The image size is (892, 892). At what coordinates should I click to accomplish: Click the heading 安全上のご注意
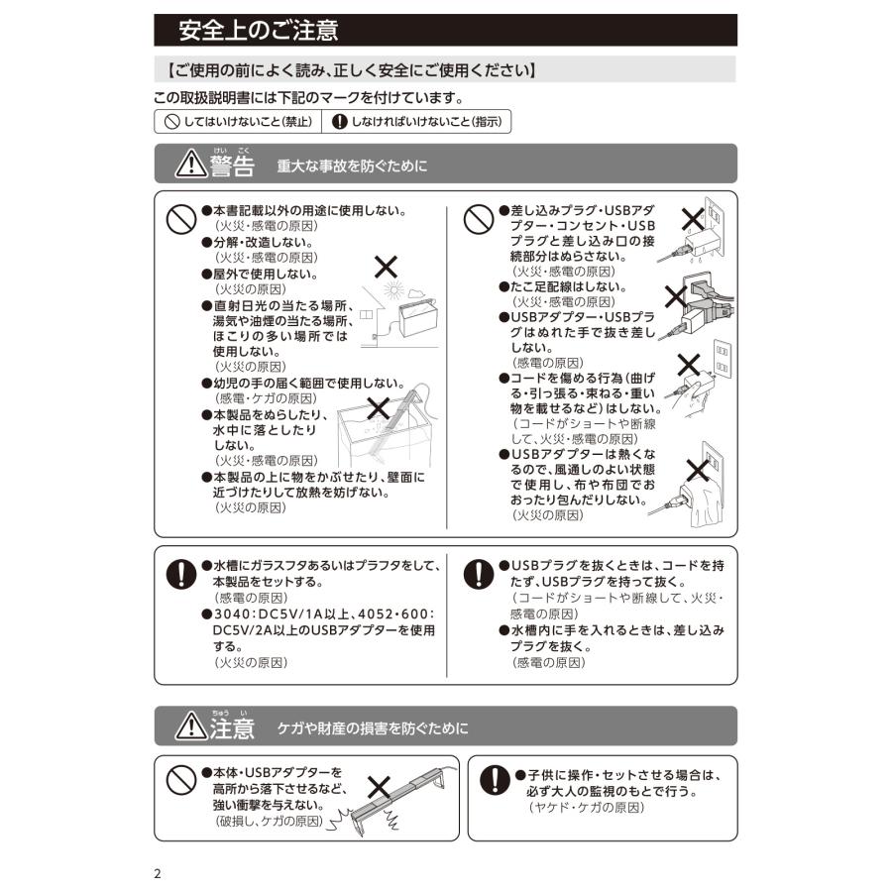coord(258,31)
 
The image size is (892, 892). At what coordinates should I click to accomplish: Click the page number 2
coord(158,874)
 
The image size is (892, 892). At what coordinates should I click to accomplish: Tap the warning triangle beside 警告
coord(189,165)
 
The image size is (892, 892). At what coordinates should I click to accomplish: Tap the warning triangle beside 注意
coord(189,726)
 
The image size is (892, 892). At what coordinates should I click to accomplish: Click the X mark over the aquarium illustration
coord(378,406)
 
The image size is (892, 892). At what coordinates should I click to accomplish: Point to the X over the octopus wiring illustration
coord(676,295)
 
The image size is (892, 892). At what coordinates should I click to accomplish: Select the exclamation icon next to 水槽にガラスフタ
coord(179,574)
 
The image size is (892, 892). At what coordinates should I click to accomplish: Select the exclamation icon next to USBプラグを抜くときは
coord(480,574)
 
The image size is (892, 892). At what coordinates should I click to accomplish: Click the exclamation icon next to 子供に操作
coord(494,781)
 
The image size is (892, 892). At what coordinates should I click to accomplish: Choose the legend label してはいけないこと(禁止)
coord(238,122)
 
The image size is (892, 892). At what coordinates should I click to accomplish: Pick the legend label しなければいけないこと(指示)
coord(417,122)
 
